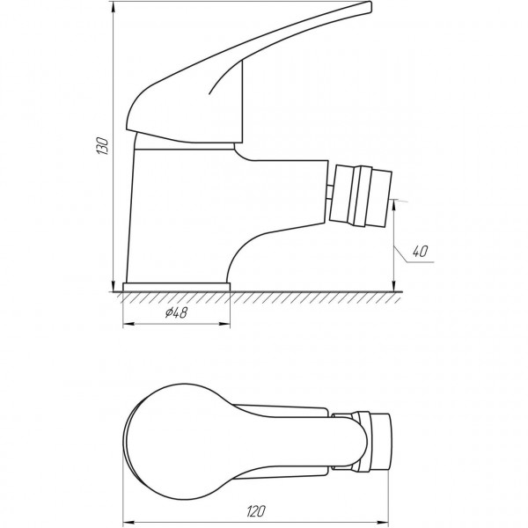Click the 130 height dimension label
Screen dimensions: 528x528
click(103, 148)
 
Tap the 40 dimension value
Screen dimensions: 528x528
click(420, 253)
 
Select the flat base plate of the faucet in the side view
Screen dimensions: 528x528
click(177, 287)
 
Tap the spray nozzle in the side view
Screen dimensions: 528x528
click(361, 194)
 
